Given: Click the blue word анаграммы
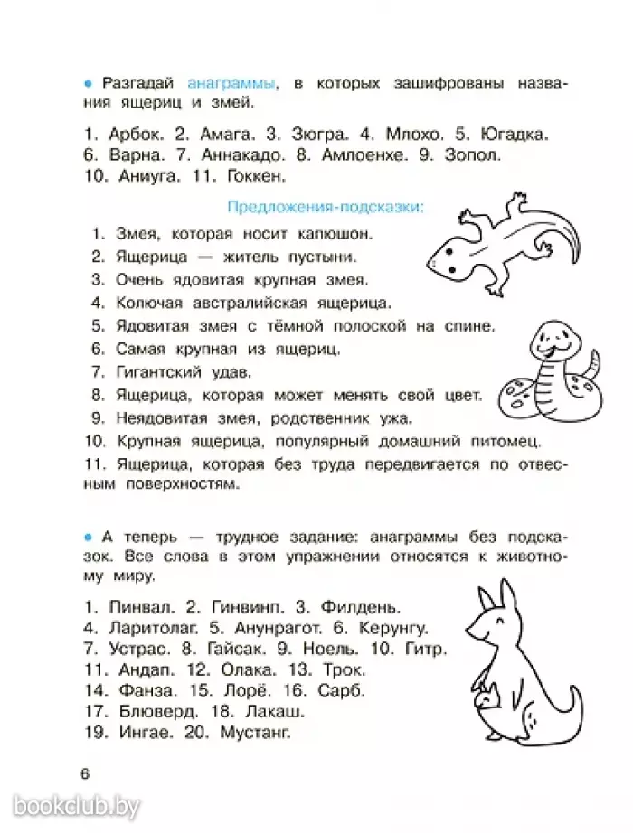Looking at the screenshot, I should (x=231, y=83).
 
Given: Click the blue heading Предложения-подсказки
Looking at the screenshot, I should (x=325, y=208).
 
